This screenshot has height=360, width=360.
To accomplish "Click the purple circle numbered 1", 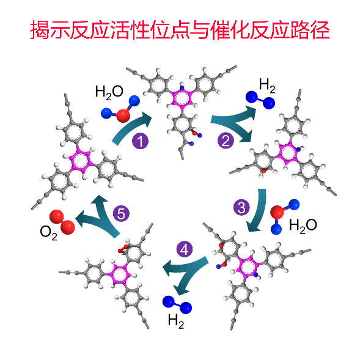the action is pyautogui.click(x=141, y=141).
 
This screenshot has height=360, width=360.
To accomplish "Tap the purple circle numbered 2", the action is pyautogui.click(x=226, y=141).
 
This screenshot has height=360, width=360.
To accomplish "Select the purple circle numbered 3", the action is pyautogui.click(x=241, y=207).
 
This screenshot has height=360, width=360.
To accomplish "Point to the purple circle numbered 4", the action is pyautogui.click(x=185, y=249).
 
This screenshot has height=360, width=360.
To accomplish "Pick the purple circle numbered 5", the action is pyautogui.click(x=121, y=213).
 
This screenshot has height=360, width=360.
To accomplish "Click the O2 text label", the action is pyautogui.click(x=48, y=232).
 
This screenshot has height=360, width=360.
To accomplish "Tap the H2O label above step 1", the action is pyautogui.click(x=109, y=92).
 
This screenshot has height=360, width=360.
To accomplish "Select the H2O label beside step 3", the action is pyautogui.click(x=303, y=226).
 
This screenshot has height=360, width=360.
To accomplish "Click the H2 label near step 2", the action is pyautogui.click(x=267, y=85).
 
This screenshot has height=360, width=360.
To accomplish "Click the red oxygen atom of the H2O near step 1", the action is pyautogui.click(x=123, y=116).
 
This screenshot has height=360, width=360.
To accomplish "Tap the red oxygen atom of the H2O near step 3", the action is pyautogui.click(x=277, y=212).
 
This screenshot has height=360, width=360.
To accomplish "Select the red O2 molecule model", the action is pyautogui.click(x=62, y=222).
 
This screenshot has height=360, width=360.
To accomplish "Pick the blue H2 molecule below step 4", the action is pyautogui.click(x=177, y=304).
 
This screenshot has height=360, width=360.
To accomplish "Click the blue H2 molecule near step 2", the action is pyautogui.click(x=260, y=100).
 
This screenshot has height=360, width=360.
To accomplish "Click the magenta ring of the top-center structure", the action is pyautogui.click(x=182, y=98).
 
